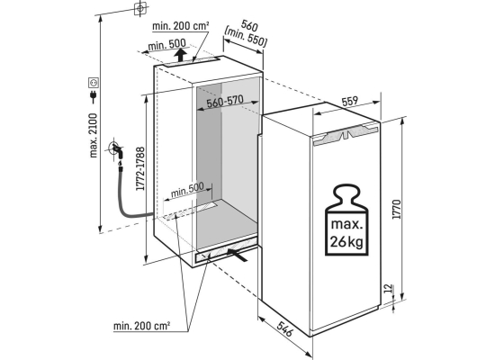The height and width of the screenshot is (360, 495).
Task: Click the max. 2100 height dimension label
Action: [x=94, y=136]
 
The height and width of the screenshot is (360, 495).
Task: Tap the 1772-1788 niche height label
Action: [x=140, y=168]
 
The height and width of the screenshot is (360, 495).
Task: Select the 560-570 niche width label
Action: [x=225, y=102]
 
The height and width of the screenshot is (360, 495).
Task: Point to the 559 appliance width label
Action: [x=350, y=101]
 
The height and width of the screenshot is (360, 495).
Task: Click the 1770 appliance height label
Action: [x=397, y=209]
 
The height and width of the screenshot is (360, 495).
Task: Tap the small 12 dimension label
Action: [x=389, y=288]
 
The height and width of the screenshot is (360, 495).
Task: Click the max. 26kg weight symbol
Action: [x=346, y=220]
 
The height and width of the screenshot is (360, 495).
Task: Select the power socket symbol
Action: [x=94, y=83]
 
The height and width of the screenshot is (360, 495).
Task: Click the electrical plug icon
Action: [x=94, y=96]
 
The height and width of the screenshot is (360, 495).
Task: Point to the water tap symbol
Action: [x=115, y=149]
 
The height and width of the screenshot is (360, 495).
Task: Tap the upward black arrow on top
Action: [x=180, y=55]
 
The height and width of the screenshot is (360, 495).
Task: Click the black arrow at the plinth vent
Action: [x=237, y=255]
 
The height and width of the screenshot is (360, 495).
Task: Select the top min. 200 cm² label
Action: [x=181, y=26]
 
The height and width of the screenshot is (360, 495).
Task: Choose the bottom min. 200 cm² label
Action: [x=141, y=326]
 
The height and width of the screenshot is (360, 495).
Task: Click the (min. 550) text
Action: [x=246, y=37]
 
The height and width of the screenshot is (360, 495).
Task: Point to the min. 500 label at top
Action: [x=167, y=45]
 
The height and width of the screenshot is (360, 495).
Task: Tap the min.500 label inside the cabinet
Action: [x=187, y=190]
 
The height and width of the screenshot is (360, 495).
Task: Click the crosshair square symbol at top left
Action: [x=140, y=8]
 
